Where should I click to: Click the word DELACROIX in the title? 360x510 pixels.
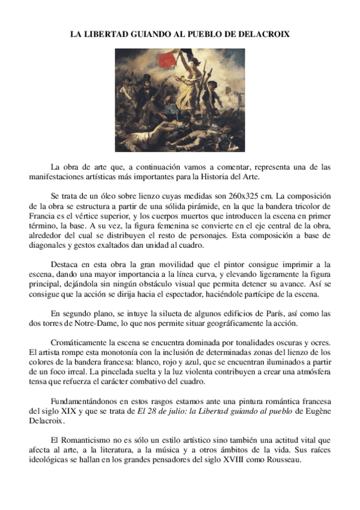point(265,35)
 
